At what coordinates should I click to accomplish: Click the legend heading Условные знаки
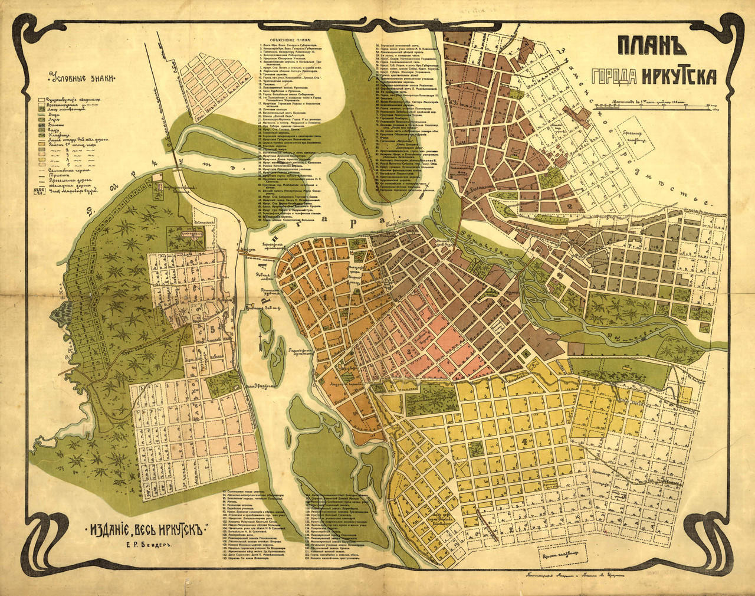point(82,77)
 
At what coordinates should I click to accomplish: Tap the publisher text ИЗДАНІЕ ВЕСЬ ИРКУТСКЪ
point(147,529)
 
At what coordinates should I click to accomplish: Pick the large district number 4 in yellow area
point(524,440)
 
